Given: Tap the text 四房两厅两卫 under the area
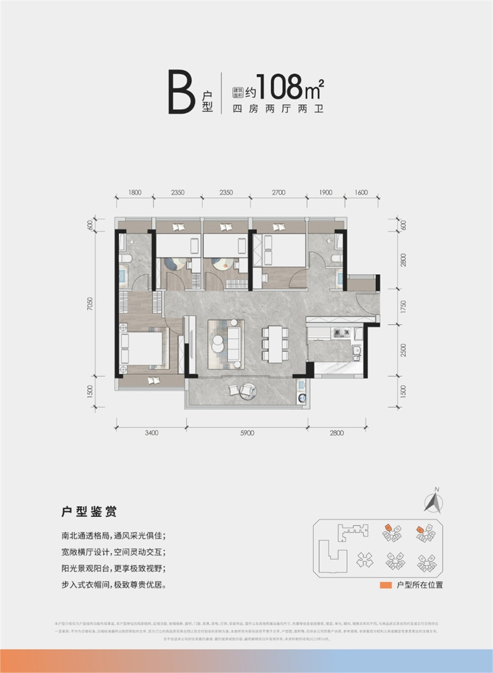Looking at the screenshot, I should [x=277, y=111].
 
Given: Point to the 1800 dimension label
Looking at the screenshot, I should [x=136, y=193].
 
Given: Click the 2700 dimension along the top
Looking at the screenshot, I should [x=279, y=193].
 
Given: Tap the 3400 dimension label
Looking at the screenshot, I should [x=152, y=433].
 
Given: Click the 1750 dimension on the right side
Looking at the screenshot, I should [x=404, y=306].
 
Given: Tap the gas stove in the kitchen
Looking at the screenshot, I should [x=340, y=334].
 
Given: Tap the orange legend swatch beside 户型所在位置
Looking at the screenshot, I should [x=385, y=585].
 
